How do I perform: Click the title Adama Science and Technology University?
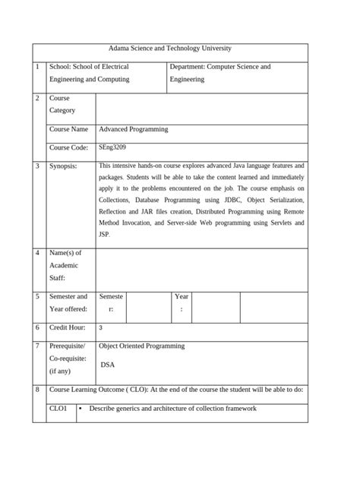[170, 49]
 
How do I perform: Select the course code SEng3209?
[112, 147]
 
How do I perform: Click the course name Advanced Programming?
[134, 129]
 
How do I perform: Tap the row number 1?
[37, 67]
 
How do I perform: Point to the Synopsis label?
[63, 166]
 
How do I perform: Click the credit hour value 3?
[101, 328]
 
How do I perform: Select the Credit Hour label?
[68, 327]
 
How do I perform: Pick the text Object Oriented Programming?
[142, 346]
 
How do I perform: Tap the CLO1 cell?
[58, 409]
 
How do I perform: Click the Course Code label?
[68, 147]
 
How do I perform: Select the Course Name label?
[68, 129]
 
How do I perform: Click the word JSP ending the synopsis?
[105, 235]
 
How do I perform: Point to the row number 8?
[37, 390]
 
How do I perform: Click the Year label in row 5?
[182, 296]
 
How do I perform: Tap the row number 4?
[37, 253]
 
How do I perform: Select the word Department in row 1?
[189, 67]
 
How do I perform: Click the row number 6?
[37, 327]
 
